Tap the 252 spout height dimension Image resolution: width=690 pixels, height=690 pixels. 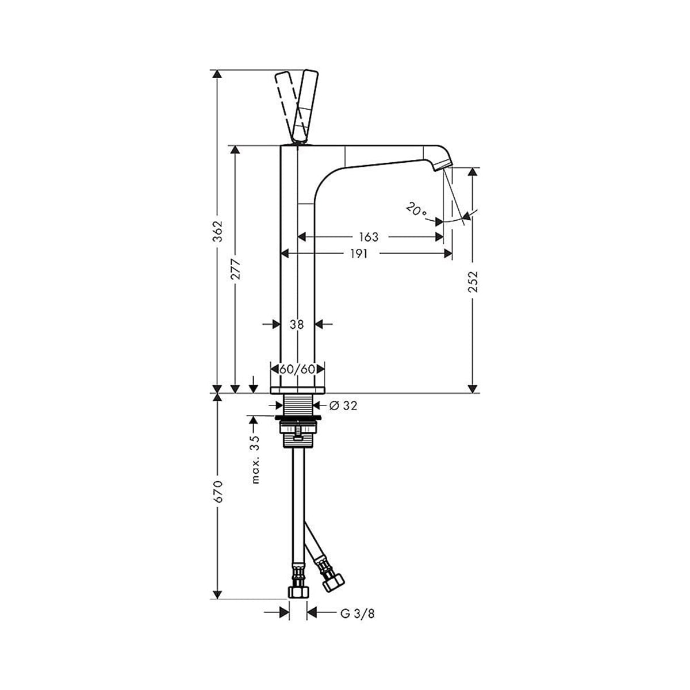473,281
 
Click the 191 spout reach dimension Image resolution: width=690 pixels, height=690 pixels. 358,254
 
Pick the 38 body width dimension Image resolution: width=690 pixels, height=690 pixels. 297,324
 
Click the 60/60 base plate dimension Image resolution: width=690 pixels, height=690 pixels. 297,369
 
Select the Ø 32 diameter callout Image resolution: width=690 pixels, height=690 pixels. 343,405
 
